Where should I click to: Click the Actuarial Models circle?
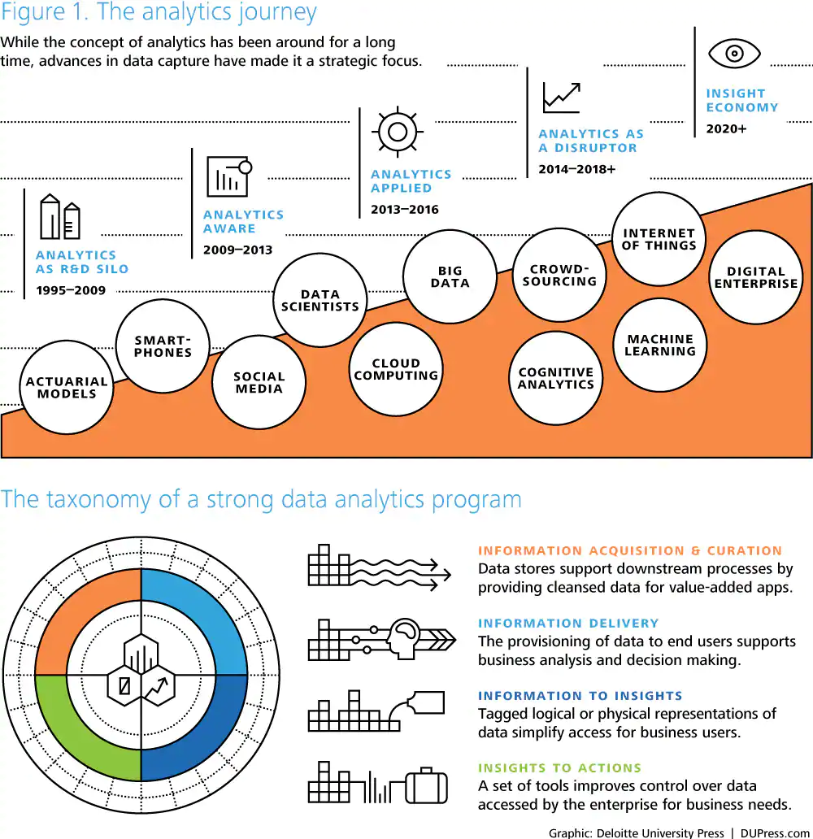[x=67, y=388]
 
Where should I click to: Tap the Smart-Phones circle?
[x=163, y=346]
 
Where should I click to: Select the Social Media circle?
[x=259, y=382]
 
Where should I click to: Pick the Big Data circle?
[x=450, y=276]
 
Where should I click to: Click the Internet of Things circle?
[x=659, y=239]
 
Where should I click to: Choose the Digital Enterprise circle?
[x=756, y=277]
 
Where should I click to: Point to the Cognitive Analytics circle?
[x=556, y=378]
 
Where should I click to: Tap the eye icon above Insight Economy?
[x=734, y=54]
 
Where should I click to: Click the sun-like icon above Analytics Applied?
[x=397, y=131]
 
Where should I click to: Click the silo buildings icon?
[x=61, y=217]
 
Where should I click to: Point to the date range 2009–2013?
[x=237, y=250]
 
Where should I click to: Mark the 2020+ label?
[x=726, y=128]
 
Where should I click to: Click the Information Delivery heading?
[x=568, y=623]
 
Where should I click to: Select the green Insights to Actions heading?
[x=559, y=767]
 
